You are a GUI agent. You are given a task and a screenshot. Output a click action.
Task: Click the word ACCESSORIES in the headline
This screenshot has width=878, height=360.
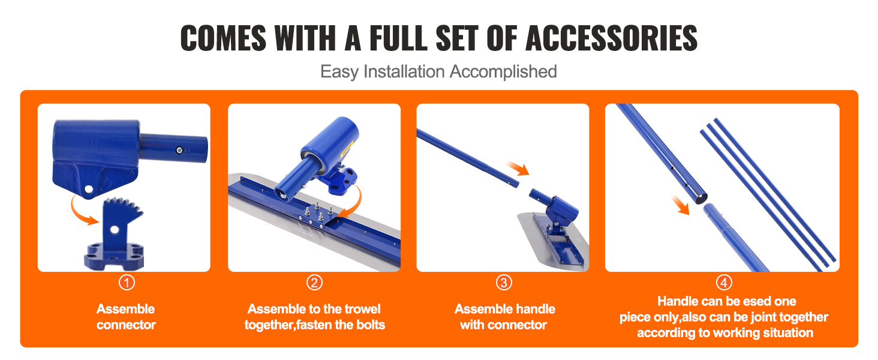612,38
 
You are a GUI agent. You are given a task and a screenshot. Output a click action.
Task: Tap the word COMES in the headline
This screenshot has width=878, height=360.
223,38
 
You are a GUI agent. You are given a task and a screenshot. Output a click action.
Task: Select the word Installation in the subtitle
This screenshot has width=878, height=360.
404,71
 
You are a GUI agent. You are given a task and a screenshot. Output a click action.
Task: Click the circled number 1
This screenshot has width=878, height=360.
127,283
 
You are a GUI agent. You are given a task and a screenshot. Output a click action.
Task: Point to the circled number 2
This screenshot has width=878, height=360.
314,283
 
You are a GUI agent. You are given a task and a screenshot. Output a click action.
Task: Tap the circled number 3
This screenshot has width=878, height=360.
504,283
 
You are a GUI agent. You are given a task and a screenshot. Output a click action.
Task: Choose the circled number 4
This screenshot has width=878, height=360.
724,283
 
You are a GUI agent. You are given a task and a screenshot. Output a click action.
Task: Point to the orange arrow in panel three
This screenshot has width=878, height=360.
518,168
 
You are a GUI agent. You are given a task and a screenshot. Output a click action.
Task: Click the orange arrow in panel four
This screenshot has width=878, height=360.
681,205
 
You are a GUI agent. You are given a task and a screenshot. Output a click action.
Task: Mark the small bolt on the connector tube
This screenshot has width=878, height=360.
179,150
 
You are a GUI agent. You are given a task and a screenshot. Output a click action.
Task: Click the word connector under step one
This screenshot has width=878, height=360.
126,325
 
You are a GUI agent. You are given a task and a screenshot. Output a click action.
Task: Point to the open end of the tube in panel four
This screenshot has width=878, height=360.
702,199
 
